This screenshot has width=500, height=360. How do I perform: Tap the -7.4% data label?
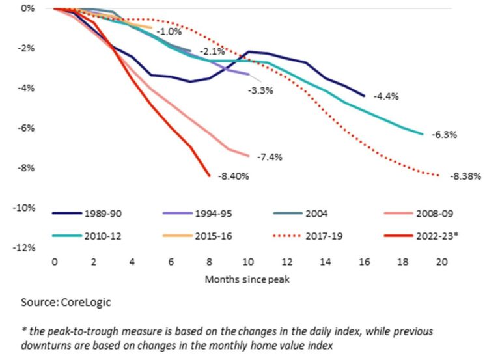270,157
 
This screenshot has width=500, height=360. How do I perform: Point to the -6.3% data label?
445,135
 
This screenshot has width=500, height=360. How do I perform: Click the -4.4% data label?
385,96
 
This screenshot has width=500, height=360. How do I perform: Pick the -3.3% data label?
260,90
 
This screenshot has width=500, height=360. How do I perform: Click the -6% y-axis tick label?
26,128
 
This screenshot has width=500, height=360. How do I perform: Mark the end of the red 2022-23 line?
209,175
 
